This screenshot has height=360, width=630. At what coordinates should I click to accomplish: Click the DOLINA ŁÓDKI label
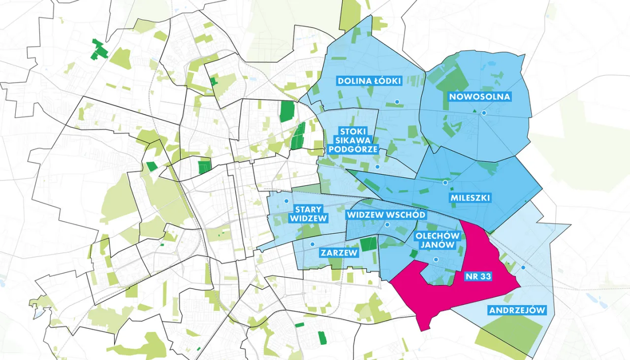370,81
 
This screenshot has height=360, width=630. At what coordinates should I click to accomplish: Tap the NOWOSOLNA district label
479,97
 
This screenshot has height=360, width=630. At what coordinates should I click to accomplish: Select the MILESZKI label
471,198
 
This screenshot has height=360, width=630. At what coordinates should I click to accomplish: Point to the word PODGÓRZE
352,149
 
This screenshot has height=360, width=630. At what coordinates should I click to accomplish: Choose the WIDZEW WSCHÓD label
386,215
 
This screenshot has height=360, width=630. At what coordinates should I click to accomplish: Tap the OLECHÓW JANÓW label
437,241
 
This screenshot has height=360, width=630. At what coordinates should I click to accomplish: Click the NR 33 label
478,277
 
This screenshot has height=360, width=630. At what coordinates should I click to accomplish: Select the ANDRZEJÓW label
517,310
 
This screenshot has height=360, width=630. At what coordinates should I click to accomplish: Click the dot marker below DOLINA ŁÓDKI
396,102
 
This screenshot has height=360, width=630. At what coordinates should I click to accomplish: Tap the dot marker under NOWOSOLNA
484,113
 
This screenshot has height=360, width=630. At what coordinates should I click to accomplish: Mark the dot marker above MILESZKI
445,183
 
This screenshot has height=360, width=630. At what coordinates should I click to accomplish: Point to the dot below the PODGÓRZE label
377,166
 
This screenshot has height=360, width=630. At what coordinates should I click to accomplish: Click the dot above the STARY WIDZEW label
286,200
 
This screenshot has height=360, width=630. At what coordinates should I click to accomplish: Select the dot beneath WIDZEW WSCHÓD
387,225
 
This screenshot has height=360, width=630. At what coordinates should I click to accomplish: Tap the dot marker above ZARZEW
312,244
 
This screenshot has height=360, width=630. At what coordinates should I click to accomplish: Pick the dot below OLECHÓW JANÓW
435,260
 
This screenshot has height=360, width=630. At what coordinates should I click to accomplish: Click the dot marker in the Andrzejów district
523,267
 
